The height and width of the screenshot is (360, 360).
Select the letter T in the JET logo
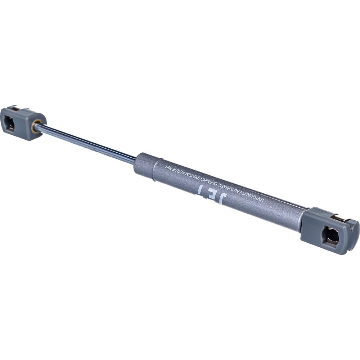(200, 189)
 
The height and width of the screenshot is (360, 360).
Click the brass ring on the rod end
(36, 126)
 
